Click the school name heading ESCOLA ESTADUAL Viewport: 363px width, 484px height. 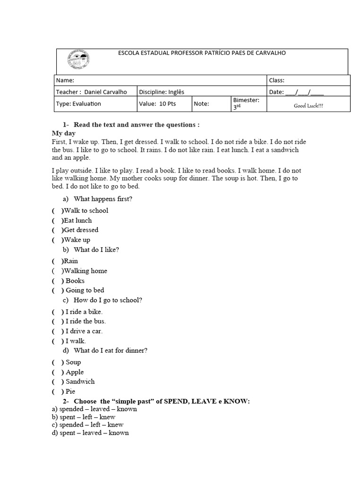[202, 53]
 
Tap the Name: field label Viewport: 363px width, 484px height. [65, 80]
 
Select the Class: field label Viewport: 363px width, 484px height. [277, 80]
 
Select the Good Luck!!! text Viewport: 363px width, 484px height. [309, 106]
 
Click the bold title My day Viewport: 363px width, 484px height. [63, 133]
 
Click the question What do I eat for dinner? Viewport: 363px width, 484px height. [111, 351]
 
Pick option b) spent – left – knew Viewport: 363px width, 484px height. [84, 417]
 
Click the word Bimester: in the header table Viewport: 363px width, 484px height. [246, 100]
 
